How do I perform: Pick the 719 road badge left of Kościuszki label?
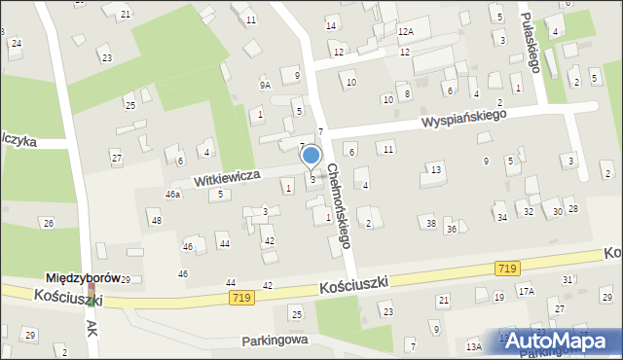243,297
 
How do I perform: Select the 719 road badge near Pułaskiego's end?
506,267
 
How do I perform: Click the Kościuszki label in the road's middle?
353,282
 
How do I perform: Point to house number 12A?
406,32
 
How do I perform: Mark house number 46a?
172,195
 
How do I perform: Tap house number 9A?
265,85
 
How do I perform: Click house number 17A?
527,291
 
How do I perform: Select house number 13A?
474,345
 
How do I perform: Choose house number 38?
430,224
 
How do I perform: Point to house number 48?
156,221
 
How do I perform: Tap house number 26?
48,224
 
